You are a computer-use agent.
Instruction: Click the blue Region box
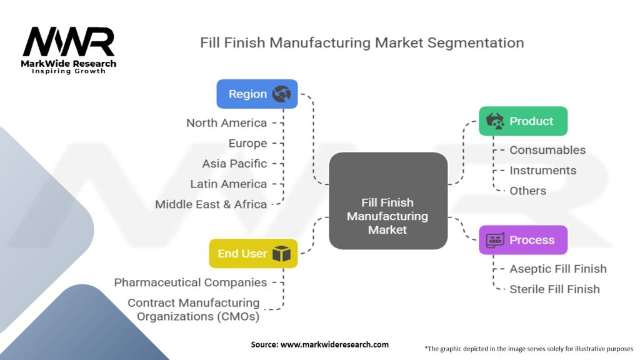pyautogui.click(x=257, y=94)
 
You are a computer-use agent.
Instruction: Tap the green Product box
pyautogui.click(x=523, y=121)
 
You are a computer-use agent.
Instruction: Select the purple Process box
pyautogui.click(x=523, y=240)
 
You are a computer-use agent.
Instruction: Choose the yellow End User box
pyautogui.click(x=253, y=254)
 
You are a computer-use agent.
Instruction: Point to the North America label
pyautogui.click(x=226, y=123)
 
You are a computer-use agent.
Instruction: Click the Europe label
pyautogui.click(x=247, y=143)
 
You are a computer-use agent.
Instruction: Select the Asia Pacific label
pyautogui.click(x=234, y=164)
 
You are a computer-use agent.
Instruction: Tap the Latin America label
pyautogui.click(x=228, y=184)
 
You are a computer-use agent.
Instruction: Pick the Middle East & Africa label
pyautogui.click(x=211, y=204)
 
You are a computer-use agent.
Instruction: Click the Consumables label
pyautogui.click(x=547, y=150)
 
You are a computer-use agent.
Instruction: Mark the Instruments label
pyautogui.click(x=542, y=170)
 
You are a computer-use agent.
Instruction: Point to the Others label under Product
pyautogui.click(x=527, y=191)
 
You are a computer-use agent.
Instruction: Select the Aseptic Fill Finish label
pyautogui.click(x=558, y=269)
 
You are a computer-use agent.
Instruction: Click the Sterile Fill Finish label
pyautogui.click(x=554, y=289)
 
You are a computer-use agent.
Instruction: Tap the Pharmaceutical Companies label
pyautogui.click(x=191, y=282)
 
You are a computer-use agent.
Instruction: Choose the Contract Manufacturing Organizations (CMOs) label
pyautogui.click(x=194, y=309)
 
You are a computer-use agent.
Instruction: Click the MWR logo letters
pyautogui.click(x=69, y=42)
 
